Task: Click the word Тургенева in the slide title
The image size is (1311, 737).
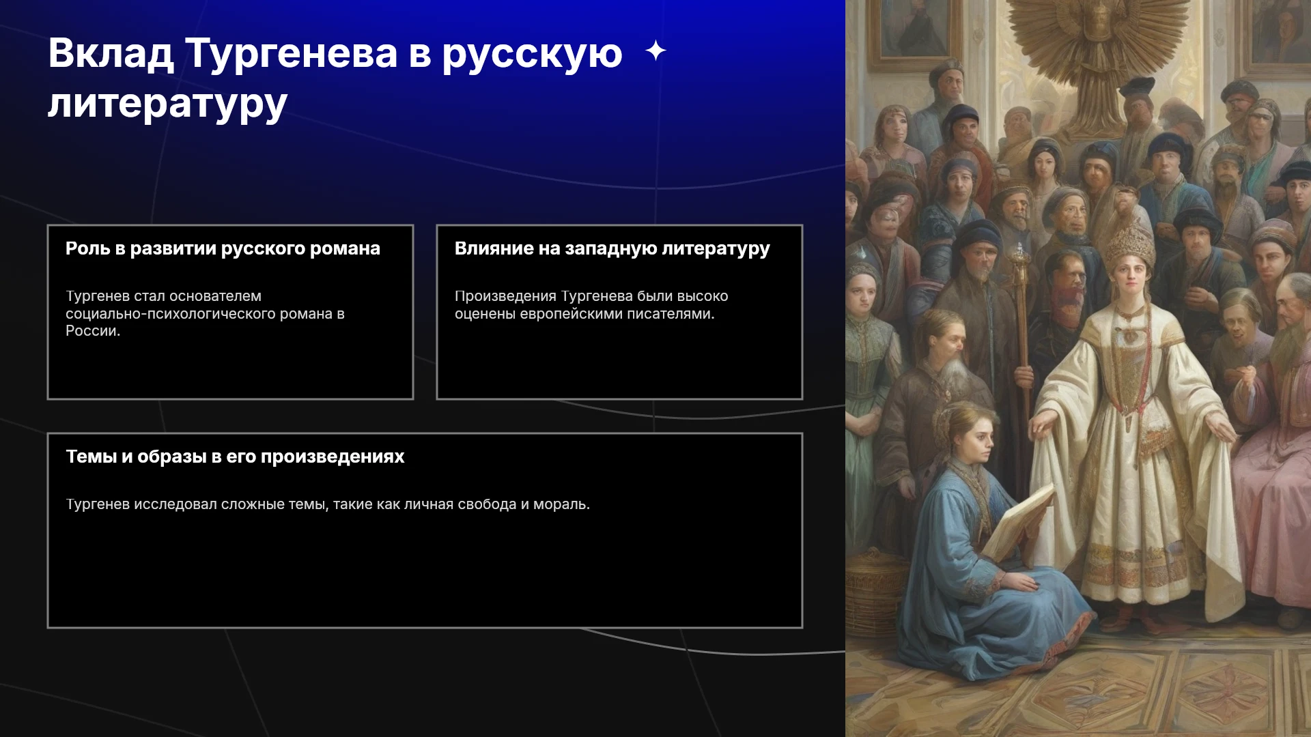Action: (292, 53)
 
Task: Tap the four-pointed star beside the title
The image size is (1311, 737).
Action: (655, 50)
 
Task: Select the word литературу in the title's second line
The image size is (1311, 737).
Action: (168, 104)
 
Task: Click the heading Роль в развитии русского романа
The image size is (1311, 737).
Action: (223, 248)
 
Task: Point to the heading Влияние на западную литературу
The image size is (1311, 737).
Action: (612, 248)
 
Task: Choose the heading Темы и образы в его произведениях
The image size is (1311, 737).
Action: (235, 457)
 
